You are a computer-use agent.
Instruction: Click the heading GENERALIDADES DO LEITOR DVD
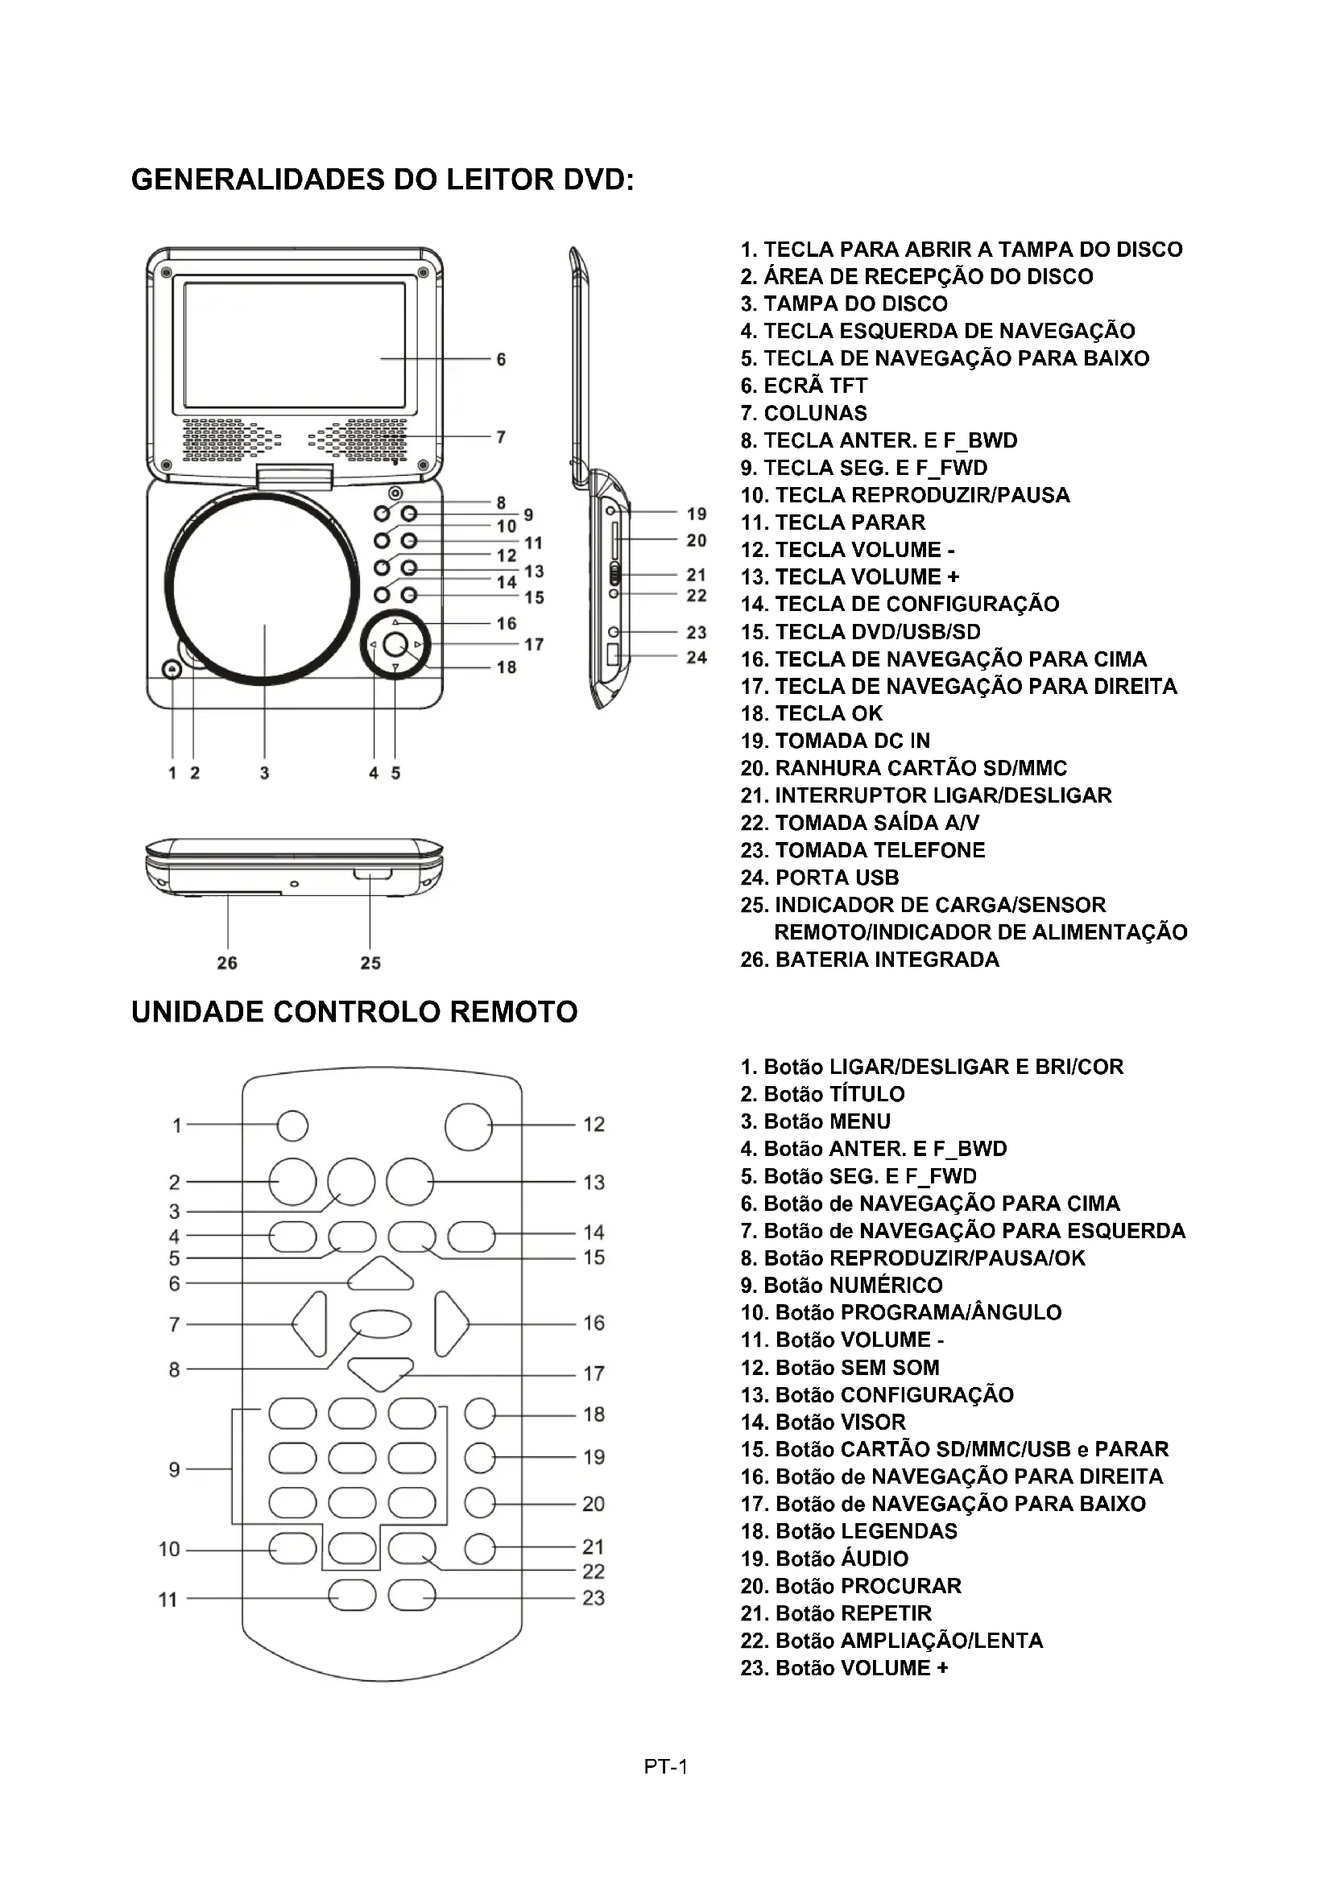click(x=383, y=180)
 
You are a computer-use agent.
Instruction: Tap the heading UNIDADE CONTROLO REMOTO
click(x=354, y=1012)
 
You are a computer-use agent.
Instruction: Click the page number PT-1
click(x=665, y=1766)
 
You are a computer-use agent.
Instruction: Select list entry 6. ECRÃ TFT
click(x=803, y=386)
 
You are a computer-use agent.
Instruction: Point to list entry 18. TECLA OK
click(x=811, y=713)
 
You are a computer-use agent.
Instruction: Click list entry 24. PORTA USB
click(x=819, y=877)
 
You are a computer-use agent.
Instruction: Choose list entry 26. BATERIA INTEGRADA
click(x=870, y=960)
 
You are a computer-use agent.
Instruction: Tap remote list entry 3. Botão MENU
click(x=814, y=1121)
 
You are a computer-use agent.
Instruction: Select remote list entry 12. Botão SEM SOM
click(x=839, y=1367)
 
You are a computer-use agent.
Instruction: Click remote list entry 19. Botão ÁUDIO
click(x=824, y=1559)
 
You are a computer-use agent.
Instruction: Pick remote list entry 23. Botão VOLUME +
click(x=844, y=1668)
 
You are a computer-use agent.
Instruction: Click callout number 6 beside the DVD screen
click(x=501, y=359)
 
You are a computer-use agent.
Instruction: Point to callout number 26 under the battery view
click(x=227, y=963)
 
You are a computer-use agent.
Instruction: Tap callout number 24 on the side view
click(x=697, y=657)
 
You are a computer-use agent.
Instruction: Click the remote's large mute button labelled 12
click(x=469, y=1126)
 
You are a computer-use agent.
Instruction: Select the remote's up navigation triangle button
click(x=380, y=1274)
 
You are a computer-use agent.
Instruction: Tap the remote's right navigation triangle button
click(x=449, y=1323)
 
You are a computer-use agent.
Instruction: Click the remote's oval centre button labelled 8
click(x=381, y=1323)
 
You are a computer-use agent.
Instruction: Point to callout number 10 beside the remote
click(x=169, y=1549)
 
